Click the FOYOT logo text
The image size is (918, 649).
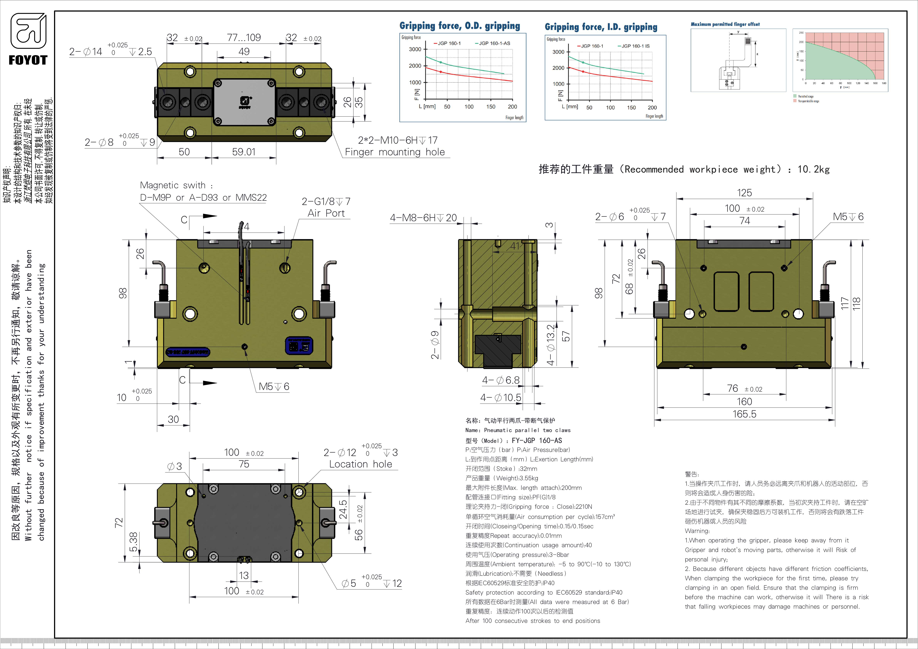28,60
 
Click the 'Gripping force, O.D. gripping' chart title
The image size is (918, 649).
460,26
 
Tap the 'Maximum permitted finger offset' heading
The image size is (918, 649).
725,24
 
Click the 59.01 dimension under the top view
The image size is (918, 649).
244,152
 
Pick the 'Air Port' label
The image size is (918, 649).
326,213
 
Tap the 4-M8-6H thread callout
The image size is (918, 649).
423,218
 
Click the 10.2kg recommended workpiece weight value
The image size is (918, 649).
813,169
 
